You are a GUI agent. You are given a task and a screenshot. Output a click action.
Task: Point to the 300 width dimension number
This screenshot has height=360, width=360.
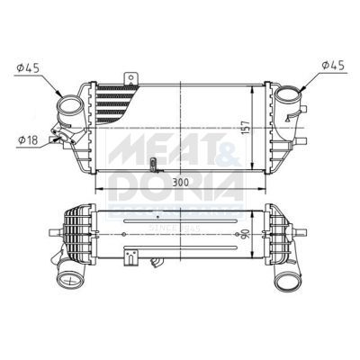click(180, 182)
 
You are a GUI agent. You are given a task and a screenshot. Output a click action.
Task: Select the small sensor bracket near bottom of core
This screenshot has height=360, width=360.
click(155, 165)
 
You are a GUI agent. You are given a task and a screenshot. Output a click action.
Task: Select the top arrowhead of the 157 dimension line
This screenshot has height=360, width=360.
click(238, 86)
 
